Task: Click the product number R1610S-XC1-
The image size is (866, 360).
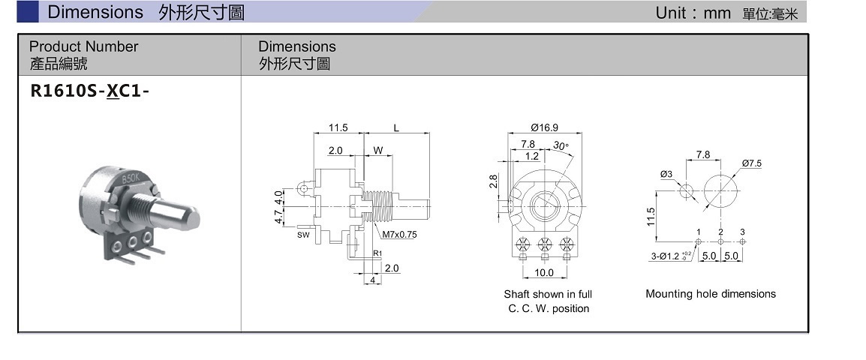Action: click(x=89, y=91)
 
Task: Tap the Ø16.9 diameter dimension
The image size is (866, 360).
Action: click(x=545, y=127)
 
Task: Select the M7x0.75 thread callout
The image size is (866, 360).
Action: click(x=399, y=235)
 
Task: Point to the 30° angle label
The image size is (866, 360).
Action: click(x=561, y=145)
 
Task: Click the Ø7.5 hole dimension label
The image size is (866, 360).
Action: click(x=752, y=163)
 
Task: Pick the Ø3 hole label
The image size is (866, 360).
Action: click(x=666, y=175)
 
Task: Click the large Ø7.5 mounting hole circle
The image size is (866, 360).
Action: click(x=720, y=190)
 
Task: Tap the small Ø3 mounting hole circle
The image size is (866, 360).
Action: click(x=686, y=190)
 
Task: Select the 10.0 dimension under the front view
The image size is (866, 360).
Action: click(x=544, y=273)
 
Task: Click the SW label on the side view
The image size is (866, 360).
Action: click(x=303, y=235)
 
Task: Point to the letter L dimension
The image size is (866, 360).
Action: click(x=396, y=128)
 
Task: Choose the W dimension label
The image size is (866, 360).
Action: click(x=377, y=150)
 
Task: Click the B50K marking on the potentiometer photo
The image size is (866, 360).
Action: click(x=130, y=179)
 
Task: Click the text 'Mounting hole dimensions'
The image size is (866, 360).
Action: click(x=710, y=294)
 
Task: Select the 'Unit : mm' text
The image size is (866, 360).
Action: click(x=693, y=13)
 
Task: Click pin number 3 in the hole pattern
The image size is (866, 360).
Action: click(x=742, y=232)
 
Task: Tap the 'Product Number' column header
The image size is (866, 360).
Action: click(x=84, y=46)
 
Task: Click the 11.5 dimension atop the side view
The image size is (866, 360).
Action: click(x=338, y=128)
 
